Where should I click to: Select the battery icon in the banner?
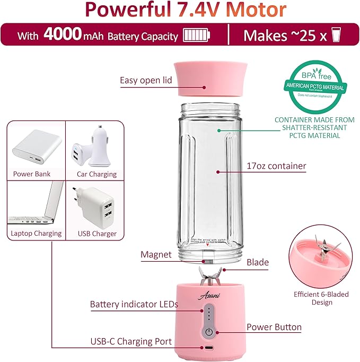tap(197, 36)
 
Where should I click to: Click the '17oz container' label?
tap(276, 166)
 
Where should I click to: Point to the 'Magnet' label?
tap(156, 255)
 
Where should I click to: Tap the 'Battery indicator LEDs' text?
tap(134, 305)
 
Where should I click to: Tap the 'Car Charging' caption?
tap(96, 174)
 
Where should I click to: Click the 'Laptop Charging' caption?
tap(36, 233)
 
